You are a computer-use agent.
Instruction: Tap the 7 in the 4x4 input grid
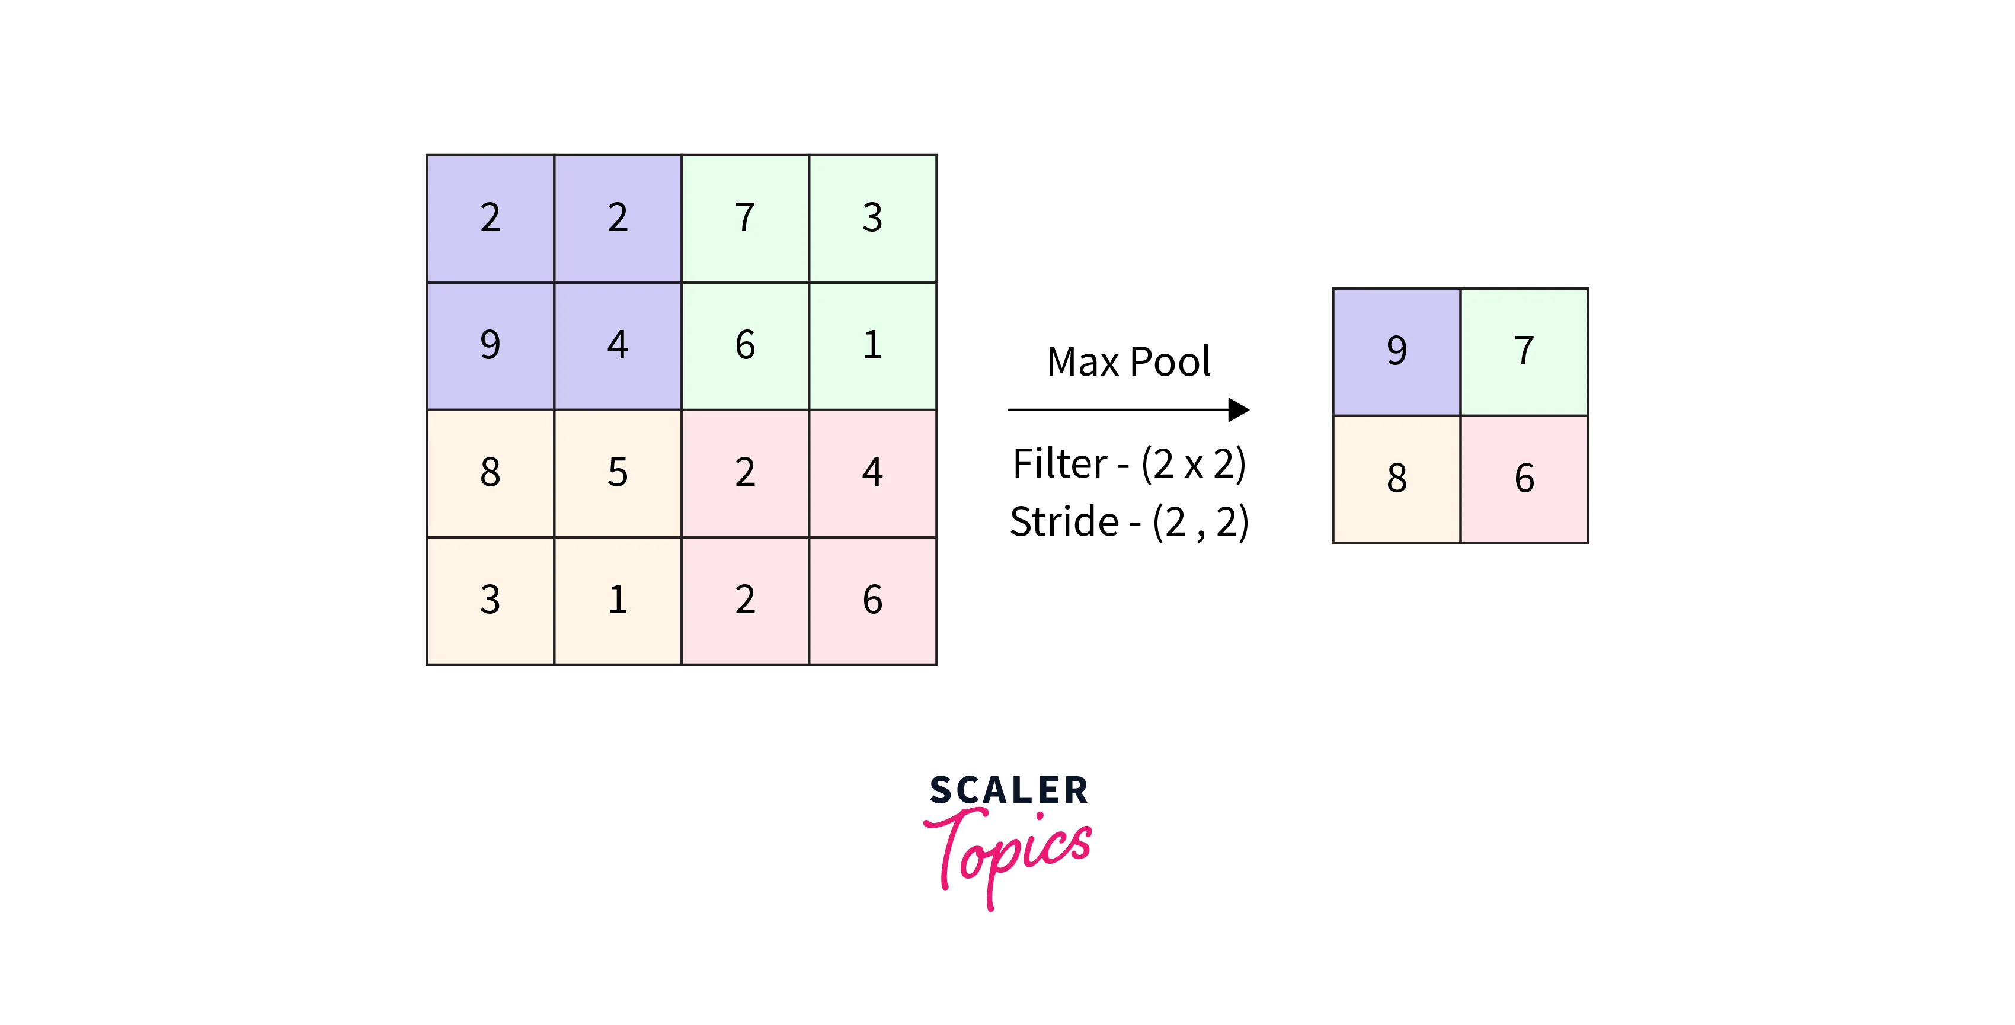tap(745, 217)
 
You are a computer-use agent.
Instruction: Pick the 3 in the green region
tap(872, 217)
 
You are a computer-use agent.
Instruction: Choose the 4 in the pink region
tap(872, 472)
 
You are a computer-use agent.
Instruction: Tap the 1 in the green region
tap(872, 345)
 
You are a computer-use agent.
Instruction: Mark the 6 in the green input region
tap(745, 345)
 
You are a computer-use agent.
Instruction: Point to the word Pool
tap(1170, 362)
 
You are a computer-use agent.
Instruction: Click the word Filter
tap(1060, 464)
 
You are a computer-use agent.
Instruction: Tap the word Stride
tap(1064, 521)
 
